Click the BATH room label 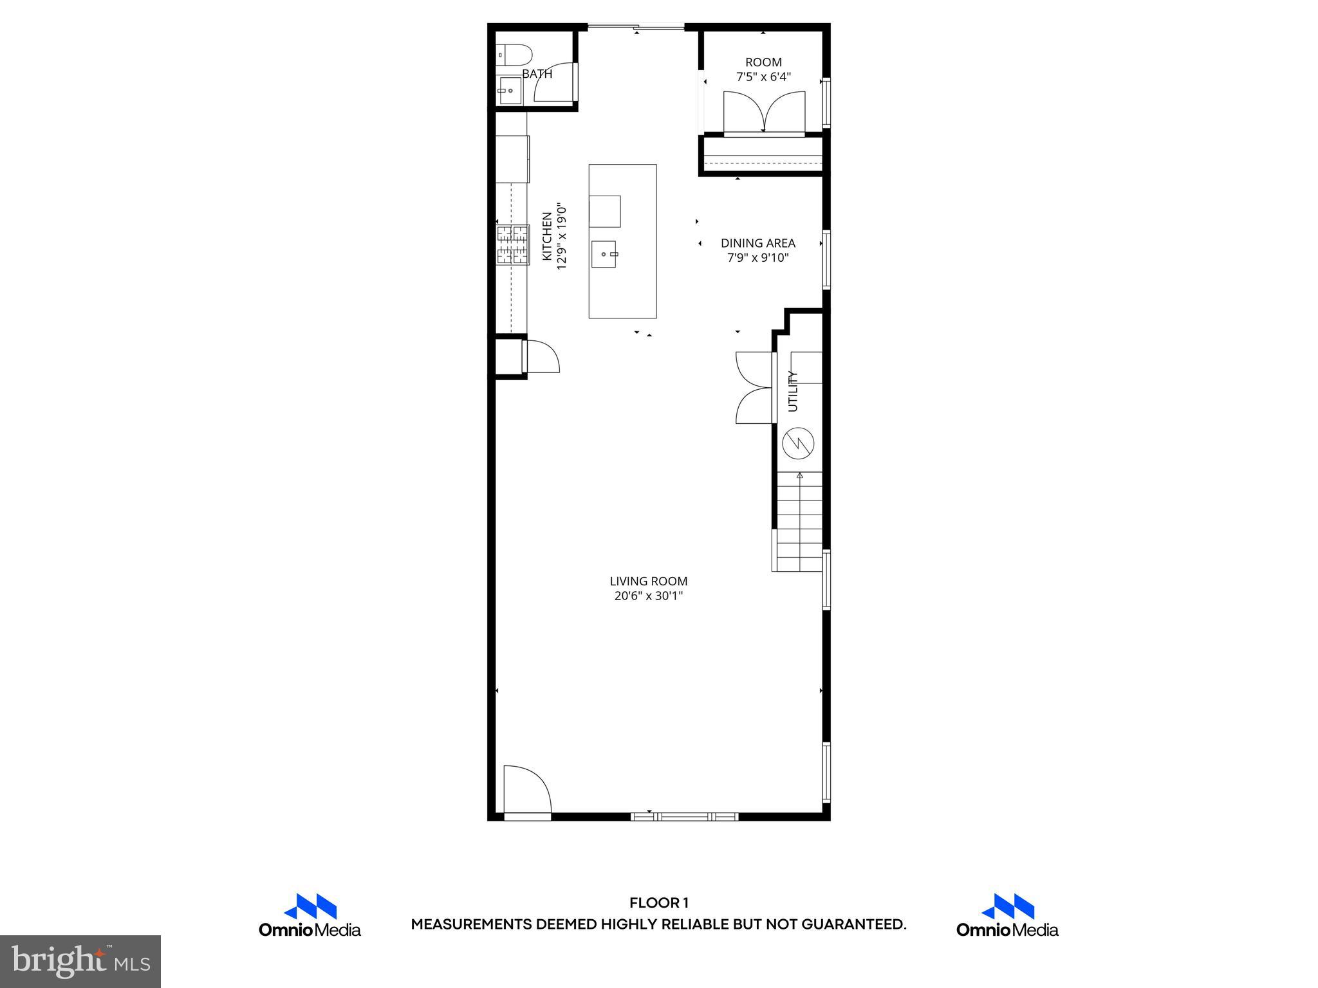point(537,74)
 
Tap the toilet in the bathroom point(514,54)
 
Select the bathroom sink point(510,91)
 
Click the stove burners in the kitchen point(512,245)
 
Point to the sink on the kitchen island point(604,255)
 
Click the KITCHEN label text point(547,237)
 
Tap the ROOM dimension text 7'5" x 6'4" point(763,77)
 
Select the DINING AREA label point(757,243)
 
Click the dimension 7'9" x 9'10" point(757,258)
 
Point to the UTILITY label point(793,391)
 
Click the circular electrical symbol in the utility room point(798,443)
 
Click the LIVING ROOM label point(648,581)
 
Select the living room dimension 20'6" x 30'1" point(648,596)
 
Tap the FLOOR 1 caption point(658,903)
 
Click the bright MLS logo point(80,961)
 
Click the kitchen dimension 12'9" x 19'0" point(562,237)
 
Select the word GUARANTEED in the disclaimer point(853,924)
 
